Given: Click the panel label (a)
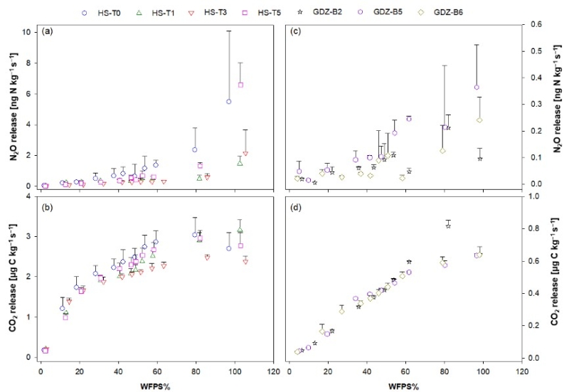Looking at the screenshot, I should (x=48, y=31).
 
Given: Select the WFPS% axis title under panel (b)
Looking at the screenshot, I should (x=154, y=386).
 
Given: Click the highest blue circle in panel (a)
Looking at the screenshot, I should (x=229, y=101).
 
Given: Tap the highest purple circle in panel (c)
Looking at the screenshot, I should (x=477, y=88).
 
